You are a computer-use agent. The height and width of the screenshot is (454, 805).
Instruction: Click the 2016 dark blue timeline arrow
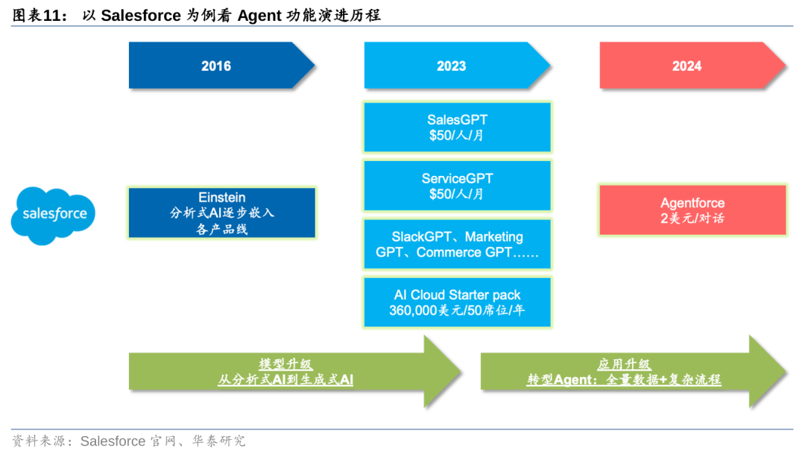click(x=216, y=66)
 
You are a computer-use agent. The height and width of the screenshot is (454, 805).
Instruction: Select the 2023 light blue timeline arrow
click(x=452, y=66)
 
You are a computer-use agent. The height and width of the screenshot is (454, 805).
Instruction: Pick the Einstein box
click(x=222, y=212)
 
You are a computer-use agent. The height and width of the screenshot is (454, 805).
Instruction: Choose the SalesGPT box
click(x=458, y=127)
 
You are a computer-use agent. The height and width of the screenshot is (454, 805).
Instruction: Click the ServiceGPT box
click(x=458, y=186)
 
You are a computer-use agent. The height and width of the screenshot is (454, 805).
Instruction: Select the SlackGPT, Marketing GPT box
click(x=458, y=244)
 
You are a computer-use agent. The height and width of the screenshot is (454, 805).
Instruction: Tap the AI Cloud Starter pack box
click(x=458, y=302)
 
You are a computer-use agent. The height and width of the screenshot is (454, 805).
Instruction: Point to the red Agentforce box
click(x=692, y=210)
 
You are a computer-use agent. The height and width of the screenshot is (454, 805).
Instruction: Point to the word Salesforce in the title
click(x=141, y=15)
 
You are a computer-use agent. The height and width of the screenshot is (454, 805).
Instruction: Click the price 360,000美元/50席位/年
click(x=457, y=310)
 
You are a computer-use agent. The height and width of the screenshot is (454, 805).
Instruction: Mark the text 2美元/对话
click(x=692, y=218)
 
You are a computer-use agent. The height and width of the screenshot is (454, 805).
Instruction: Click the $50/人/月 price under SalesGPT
click(x=457, y=135)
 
